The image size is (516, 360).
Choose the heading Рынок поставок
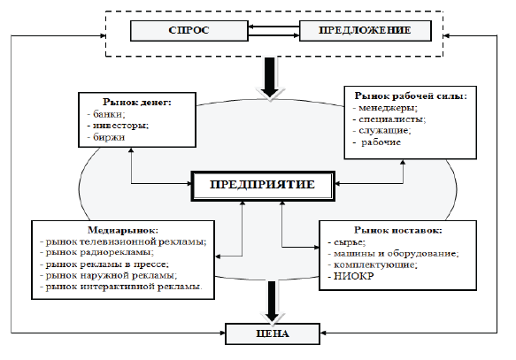click(397, 230)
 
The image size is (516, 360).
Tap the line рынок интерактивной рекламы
click(123, 287)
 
